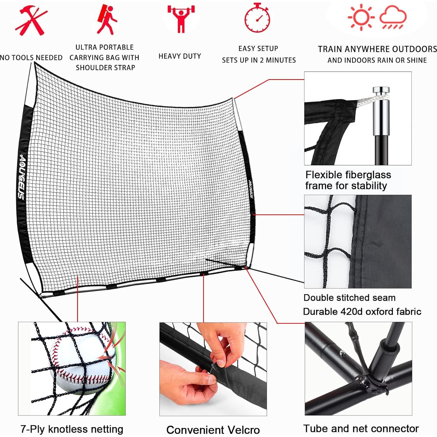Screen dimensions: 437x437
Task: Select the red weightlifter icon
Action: (181, 18)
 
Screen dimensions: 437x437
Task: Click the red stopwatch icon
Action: (257, 18)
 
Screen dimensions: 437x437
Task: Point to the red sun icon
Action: (361, 17)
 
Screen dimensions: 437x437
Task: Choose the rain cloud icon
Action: (393, 18)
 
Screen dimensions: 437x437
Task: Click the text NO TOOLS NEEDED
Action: (31, 58)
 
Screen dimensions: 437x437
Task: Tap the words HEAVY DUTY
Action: (180, 56)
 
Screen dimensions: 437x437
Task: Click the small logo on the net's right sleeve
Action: (251, 188)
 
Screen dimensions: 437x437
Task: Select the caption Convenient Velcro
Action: (213, 430)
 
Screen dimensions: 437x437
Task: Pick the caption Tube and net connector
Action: (361, 429)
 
